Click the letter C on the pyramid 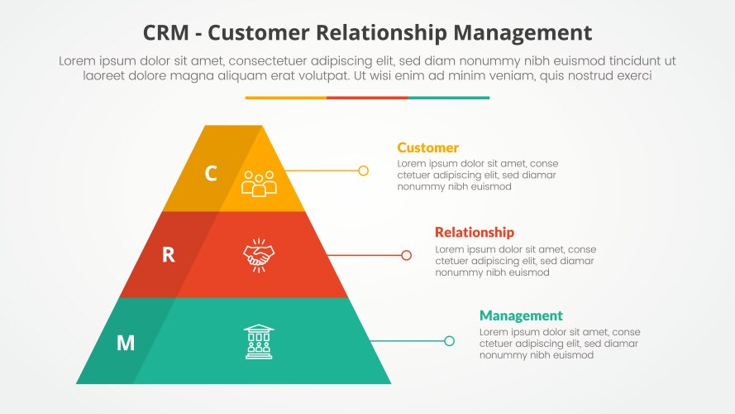coord(211,173)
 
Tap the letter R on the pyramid coord(168,255)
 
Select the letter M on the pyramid coord(125,342)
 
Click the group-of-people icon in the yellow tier coord(259,182)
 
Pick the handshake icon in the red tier coord(259,254)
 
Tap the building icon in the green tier coord(259,341)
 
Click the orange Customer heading coord(427,148)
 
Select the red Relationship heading coord(474,233)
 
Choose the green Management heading coord(521,315)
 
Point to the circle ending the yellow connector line coord(363,171)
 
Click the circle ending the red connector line coord(406,255)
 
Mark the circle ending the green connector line coord(449,340)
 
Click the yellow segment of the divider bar coord(285,98)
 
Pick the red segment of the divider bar coord(367,98)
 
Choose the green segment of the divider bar coord(449,98)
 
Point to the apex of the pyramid coord(233,127)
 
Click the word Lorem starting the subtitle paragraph coord(77,60)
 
